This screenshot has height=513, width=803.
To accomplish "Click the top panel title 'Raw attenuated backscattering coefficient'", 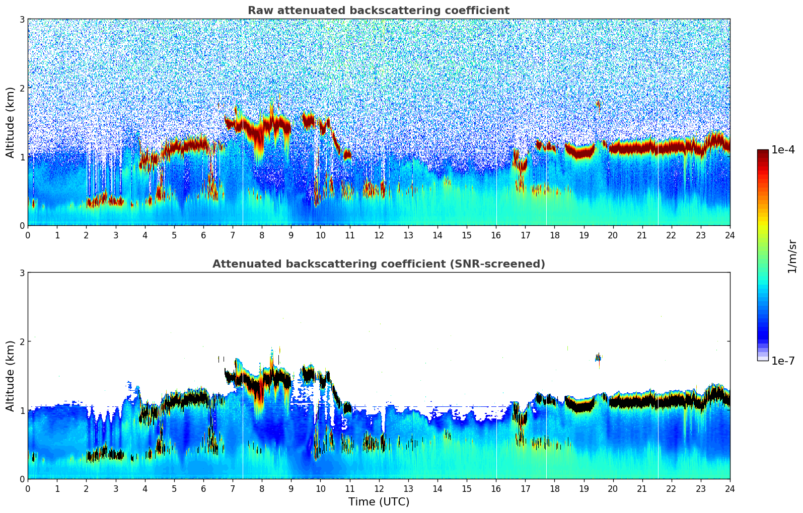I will (378, 11).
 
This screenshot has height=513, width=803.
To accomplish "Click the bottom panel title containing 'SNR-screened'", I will (378, 264).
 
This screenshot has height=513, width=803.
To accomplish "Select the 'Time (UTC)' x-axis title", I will (379, 502).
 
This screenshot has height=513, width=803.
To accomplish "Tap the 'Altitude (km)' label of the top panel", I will (11, 122).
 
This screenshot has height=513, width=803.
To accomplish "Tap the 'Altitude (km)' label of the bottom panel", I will (11, 376).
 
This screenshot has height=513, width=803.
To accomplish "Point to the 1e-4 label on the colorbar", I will (783, 150).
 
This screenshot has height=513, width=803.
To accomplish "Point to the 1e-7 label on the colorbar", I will (783, 361).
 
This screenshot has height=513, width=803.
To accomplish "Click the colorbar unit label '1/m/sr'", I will (792, 256).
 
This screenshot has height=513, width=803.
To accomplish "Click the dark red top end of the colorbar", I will (763, 152).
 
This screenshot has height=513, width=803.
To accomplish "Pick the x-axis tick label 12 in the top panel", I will (379, 235).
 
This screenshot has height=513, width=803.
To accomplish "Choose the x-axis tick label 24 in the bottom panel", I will (730, 488).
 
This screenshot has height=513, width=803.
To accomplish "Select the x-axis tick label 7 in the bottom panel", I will (233, 488).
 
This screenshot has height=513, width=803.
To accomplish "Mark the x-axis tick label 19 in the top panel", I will (583, 235).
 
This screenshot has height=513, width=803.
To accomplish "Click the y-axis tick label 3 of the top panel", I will (22, 19).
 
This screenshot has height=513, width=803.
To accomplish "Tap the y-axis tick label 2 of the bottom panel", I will (22, 341).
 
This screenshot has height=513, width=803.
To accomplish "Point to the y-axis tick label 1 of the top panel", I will (22, 157).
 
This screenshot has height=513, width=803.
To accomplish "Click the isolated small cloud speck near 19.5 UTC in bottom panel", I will (598, 358).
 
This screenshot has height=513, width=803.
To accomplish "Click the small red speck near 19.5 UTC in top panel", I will (598, 104).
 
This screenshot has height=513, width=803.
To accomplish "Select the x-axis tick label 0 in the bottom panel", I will (28, 488).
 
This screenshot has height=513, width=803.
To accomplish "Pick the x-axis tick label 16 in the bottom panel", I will (496, 488).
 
